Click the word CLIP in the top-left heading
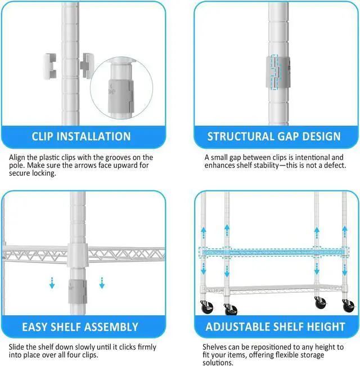point(42,137)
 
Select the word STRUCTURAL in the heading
point(234,137)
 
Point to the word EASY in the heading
point(34,327)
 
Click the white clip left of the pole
point(50,66)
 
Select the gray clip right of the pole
point(87,66)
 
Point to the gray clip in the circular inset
point(120,95)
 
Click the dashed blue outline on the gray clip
point(274,72)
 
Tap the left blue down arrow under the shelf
point(52,283)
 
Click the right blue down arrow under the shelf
point(102,283)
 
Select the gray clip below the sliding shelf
point(78,292)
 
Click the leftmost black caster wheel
point(207,308)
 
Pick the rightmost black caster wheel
point(348,306)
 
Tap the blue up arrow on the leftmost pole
point(204,233)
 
